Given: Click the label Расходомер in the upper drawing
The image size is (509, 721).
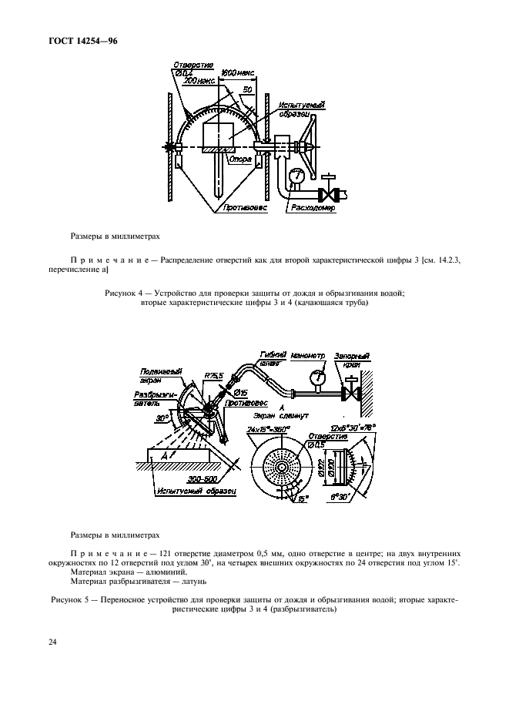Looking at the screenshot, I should (x=313, y=207).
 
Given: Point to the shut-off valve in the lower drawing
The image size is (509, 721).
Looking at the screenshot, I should (x=352, y=393).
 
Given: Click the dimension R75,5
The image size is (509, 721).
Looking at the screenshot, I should (x=214, y=375).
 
